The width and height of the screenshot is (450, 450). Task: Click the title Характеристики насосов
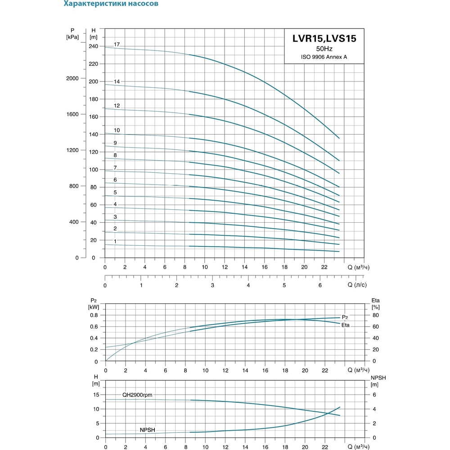pos(111,4)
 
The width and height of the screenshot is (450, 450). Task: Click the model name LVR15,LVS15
pos(324,38)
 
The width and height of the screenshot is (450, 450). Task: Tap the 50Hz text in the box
pos(324,49)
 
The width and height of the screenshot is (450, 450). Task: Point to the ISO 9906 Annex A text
pos(324,57)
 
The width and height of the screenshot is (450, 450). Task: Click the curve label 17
pos(117,45)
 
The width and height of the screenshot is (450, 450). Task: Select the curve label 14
pos(117,81)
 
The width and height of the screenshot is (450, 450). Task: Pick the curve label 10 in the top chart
pos(117,130)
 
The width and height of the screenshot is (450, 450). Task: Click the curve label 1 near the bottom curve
pos(115,241)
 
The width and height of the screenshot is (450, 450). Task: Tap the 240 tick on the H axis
pos(93,46)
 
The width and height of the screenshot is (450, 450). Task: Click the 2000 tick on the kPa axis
pos(72,78)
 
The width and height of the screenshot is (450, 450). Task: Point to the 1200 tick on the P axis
pos(72,150)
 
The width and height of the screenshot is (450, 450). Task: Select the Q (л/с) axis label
pos(357,285)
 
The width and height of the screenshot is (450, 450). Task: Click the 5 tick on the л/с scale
pos(284,285)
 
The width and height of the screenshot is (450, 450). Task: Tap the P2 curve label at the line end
pos(345,317)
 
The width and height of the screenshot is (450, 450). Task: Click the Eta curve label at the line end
pos(346,325)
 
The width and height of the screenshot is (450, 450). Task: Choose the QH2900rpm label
pos(137,395)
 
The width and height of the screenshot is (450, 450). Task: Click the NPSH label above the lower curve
pos(147,430)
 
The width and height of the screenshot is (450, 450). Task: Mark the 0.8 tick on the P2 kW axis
pos(94,315)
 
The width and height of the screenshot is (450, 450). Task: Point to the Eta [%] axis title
pos(375,304)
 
